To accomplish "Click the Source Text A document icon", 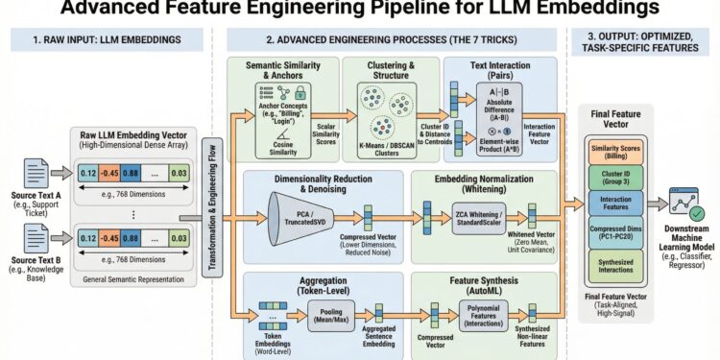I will (60, 174).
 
